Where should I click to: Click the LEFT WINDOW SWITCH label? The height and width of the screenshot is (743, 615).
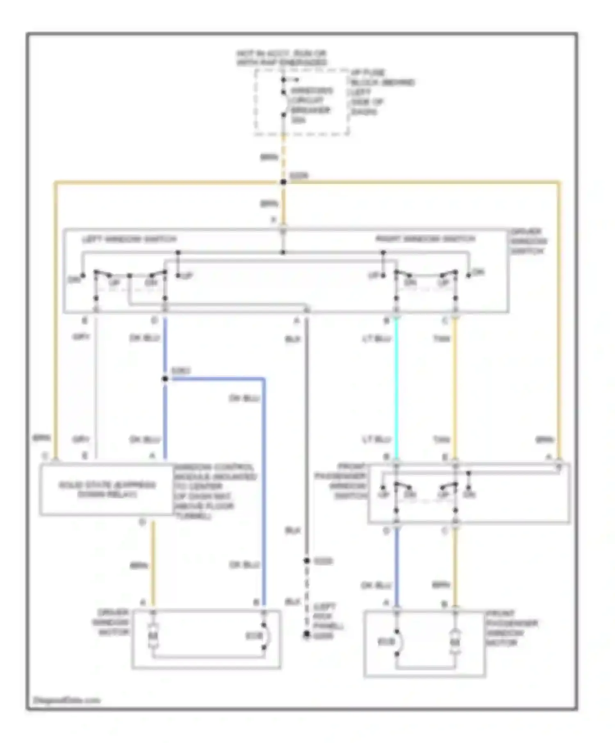[130, 239]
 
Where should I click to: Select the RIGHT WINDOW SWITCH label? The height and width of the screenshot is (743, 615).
[425, 239]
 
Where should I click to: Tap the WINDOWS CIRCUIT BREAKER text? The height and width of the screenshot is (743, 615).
[311, 105]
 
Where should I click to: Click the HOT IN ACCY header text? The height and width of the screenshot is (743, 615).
[282, 58]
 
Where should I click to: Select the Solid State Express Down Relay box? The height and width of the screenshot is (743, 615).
[107, 489]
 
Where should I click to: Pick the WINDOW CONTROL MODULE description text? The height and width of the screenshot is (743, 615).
[215, 492]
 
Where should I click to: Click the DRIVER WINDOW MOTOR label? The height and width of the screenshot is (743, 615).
[113, 622]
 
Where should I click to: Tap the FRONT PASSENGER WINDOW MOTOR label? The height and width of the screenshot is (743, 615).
[512, 628]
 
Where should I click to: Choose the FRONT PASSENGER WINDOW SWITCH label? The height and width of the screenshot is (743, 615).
[347, 481]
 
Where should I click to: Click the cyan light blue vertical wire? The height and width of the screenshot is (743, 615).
[396, 389]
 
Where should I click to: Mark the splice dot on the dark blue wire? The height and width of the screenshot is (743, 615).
[165, 379]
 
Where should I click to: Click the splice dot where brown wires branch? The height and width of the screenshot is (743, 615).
[283, 182]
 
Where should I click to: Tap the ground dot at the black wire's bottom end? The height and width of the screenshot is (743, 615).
[306, 634]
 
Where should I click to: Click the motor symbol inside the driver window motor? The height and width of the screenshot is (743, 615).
[153, 636]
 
